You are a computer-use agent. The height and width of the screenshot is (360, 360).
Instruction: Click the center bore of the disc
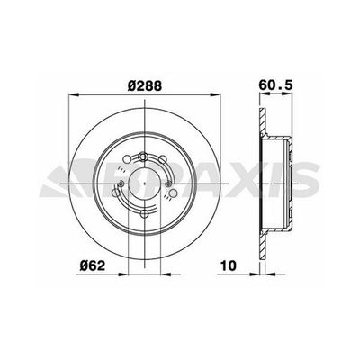point(144,184)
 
